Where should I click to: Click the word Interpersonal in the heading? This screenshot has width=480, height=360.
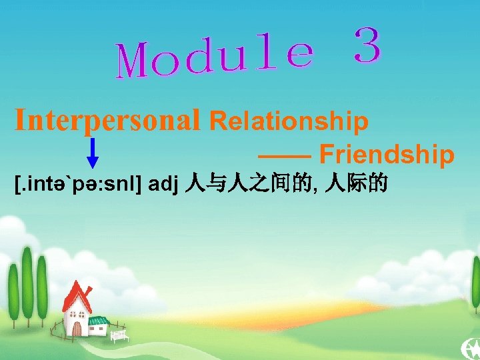tap(107, 121)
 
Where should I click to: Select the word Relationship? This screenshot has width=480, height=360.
tap(289, 121)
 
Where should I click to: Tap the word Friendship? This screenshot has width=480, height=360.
tap(387, 155)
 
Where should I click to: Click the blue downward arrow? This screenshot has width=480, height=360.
tap(93, 153)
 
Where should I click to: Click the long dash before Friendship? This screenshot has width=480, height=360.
tap(284, 155)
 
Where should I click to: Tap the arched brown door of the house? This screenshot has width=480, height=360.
tap(78, 327)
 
